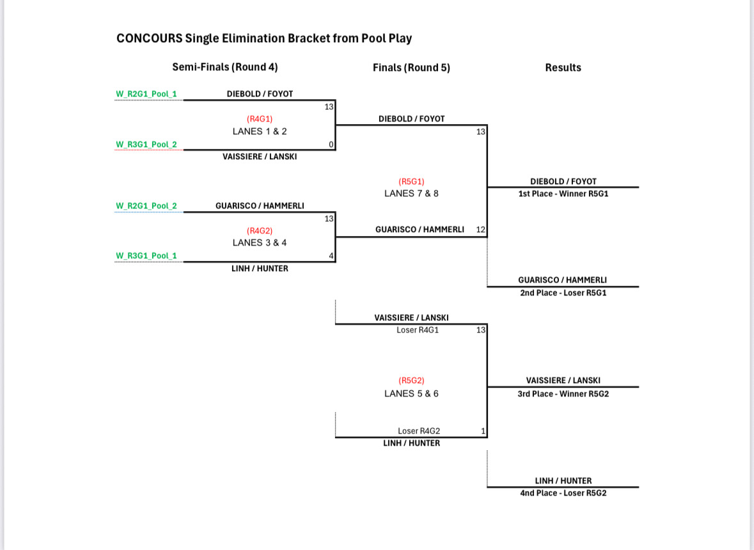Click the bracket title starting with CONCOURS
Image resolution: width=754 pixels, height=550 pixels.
click(264, 38)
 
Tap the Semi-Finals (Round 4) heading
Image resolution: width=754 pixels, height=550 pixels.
click(225, 67)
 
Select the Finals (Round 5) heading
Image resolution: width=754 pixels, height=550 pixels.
click(411, 68)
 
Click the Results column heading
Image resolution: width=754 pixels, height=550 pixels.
click(563, 68)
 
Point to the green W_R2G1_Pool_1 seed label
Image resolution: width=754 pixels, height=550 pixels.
click(146, 95)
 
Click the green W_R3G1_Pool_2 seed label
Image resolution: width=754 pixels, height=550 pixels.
click(146, 145)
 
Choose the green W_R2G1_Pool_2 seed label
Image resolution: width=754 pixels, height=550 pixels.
click(146, 206)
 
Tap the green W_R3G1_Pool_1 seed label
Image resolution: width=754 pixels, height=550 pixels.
click(146, 256)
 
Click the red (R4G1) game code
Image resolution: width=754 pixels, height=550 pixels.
click(260, 119)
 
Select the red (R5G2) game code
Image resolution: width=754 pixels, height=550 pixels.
click(411, 381)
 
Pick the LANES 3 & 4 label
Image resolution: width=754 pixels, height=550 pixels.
click(260, 243)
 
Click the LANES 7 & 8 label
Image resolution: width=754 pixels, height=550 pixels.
click(411, 193)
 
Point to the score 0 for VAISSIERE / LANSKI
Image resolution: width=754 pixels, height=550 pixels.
click(331, 145)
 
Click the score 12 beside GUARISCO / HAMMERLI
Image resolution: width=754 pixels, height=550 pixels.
click(481, 229)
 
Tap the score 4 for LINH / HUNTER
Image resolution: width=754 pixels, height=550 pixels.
click(331, 256)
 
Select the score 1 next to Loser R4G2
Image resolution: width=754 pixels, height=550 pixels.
click(483, 431)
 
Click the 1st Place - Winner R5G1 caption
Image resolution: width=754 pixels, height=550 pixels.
click(563, 194)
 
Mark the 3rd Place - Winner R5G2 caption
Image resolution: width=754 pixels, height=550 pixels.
click(563, 394)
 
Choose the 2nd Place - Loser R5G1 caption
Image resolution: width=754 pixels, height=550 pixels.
click(563, 293)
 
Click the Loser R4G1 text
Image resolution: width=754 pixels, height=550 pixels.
click(418, 330)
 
